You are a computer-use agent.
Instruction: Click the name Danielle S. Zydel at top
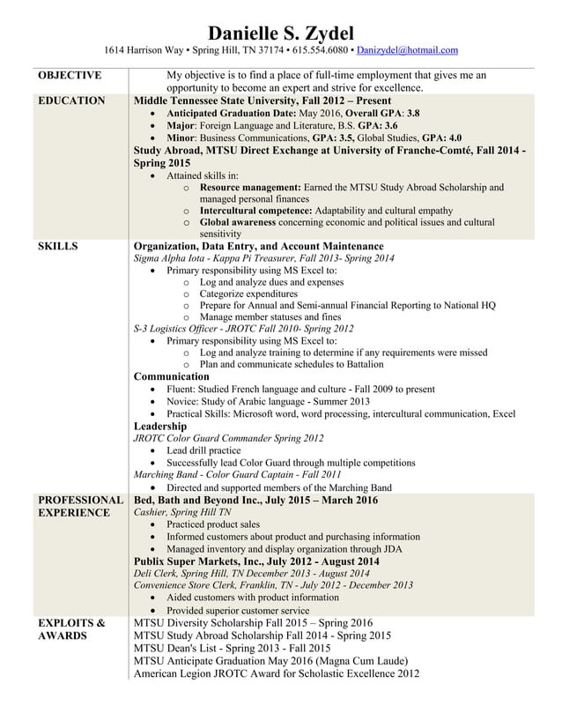coord(280,33)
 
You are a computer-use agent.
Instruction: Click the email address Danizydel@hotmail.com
coord(407,51)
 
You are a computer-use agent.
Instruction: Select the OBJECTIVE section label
coord(70,76)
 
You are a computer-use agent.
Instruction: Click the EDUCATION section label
coord(71,101)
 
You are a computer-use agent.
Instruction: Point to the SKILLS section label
coord(58,246)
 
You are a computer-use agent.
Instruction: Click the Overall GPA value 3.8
coord(412,114)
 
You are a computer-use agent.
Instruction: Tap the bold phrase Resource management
coord(251,188)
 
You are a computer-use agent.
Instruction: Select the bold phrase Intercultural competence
coord(256,212)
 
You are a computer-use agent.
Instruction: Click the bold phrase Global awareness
coord(240,224)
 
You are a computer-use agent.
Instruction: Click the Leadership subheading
coord(159,426)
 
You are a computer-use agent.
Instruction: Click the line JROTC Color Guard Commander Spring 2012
coord(227,438)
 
